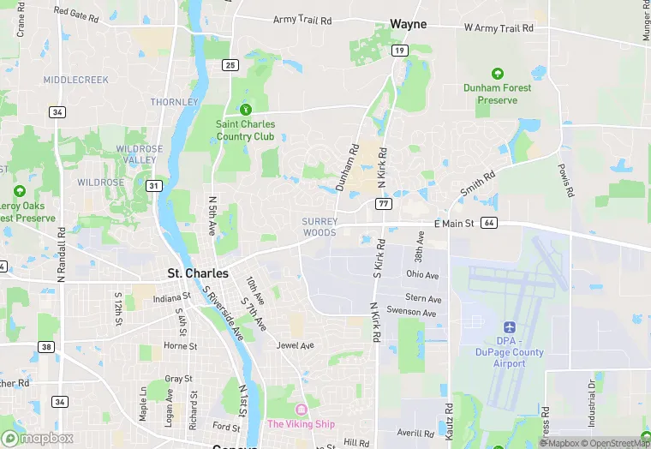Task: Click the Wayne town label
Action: pos(408,24)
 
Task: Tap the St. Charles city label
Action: pos(198,273)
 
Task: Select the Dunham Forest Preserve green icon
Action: pos(497,75)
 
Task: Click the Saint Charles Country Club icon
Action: pos(246,109)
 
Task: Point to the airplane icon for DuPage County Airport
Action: pos(509,327)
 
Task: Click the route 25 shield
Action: pos(229,64)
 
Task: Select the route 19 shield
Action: pos(399,51)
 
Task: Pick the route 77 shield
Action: pos(384,204)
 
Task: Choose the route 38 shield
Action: pos(46,347)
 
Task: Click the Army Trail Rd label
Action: pos(302,20)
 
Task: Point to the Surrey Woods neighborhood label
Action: pos(320,227)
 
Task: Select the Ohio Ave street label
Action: pos(422,275)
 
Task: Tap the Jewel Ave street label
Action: pos(295,345)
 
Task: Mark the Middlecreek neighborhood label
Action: pos(76,80)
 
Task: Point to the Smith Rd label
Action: pos(477,183)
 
